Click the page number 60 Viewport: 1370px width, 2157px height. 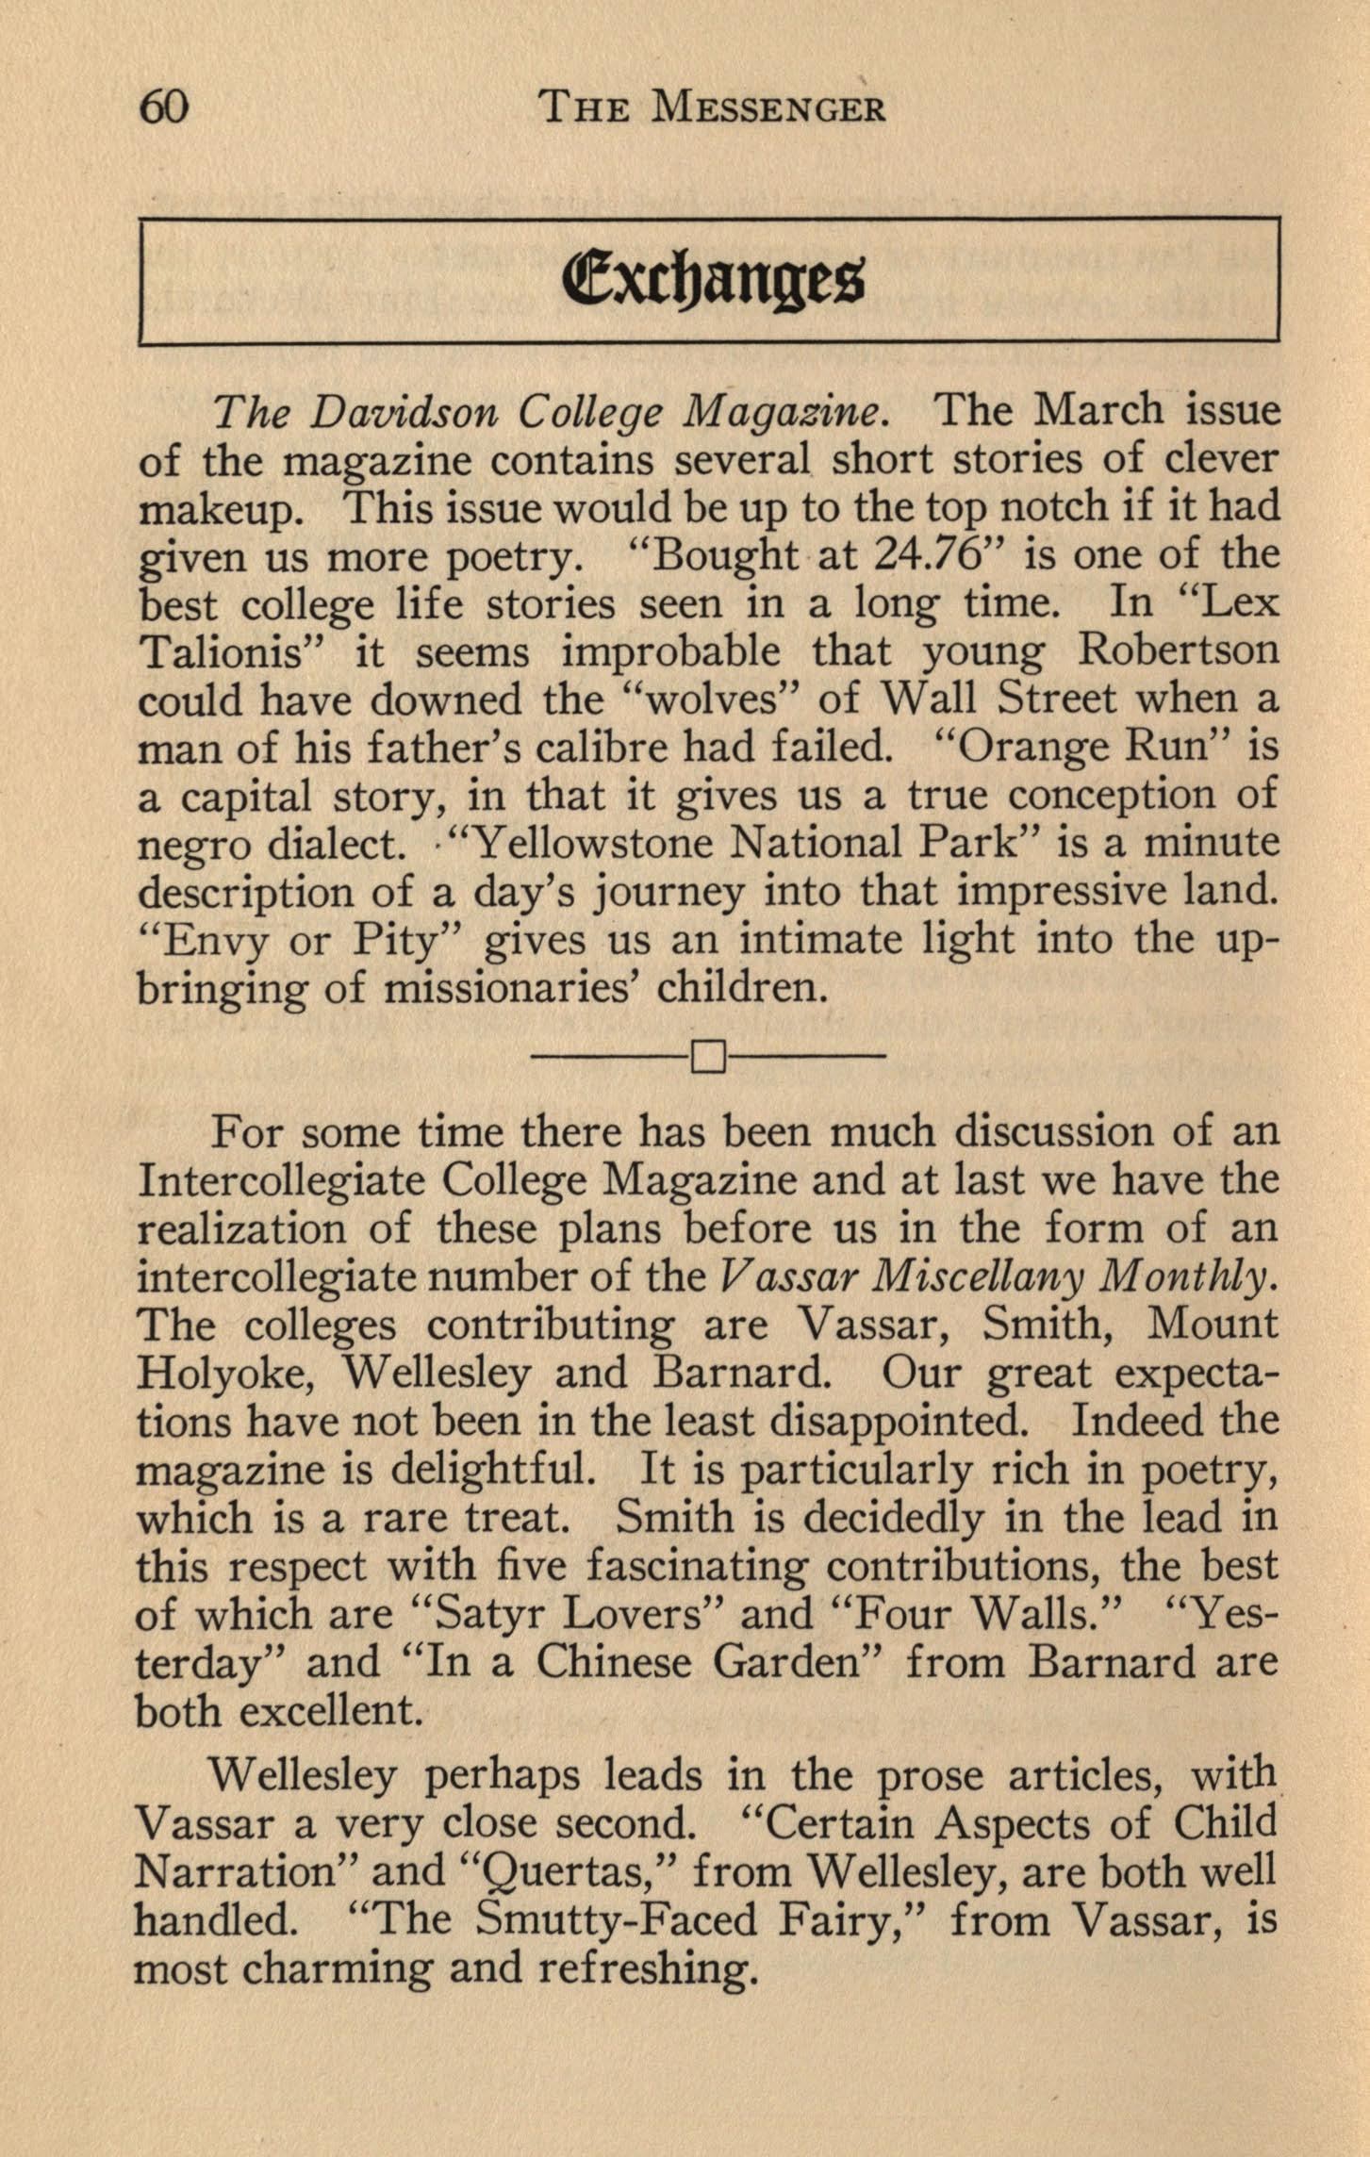tap(164, 108)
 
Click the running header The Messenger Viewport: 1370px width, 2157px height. tap(712, 110)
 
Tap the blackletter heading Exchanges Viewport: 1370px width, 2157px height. tap(712, 280)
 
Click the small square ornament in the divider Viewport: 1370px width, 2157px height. tap(708, 1058)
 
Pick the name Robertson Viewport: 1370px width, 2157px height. tap(1179, 650)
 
